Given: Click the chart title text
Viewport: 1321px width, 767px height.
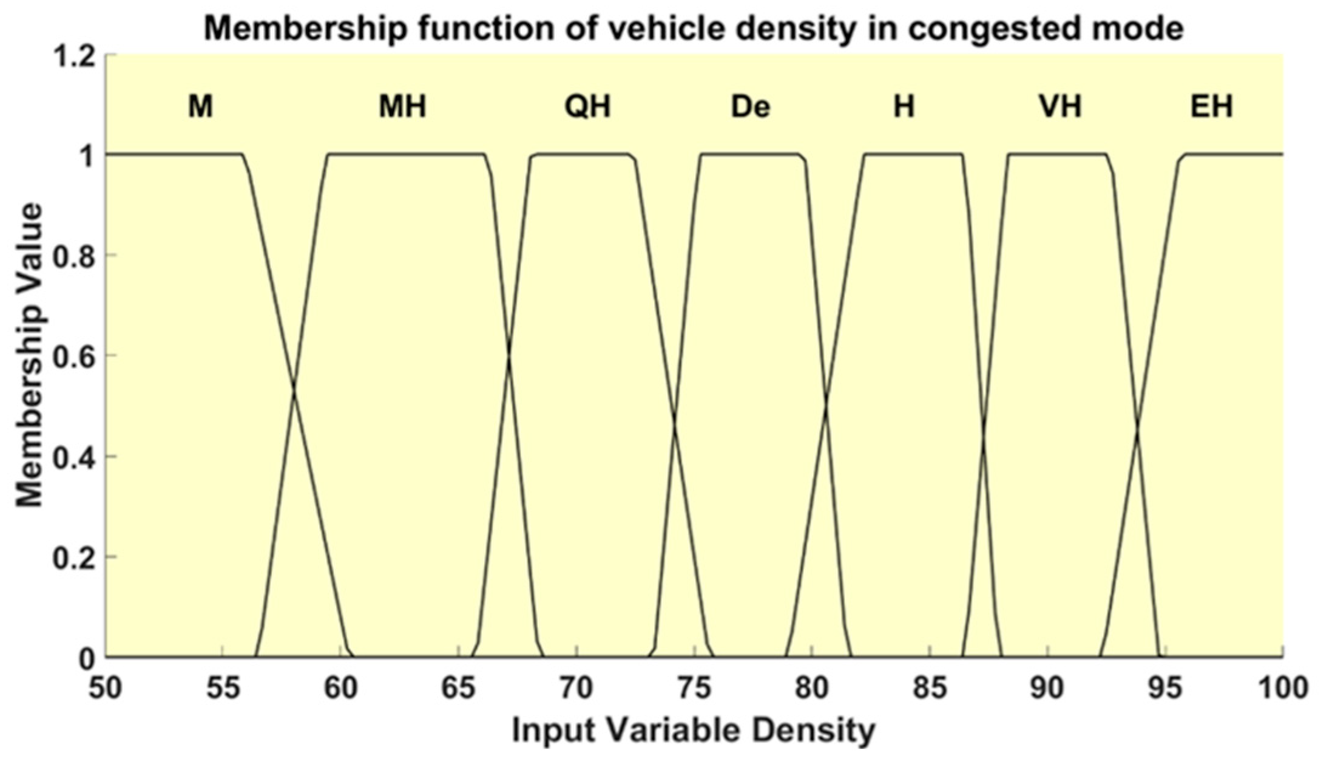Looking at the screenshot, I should coord(693,29).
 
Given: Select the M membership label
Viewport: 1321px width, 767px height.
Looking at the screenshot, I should coord(200,107).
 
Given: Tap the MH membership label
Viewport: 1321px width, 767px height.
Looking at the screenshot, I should coord(402,107).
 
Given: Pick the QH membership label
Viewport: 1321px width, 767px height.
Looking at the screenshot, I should coord(587,107).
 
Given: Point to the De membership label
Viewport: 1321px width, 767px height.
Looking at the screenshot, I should coord(751,107).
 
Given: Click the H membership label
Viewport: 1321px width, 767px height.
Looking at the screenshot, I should coord(904,107).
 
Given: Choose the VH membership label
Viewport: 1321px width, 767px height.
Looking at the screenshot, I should coord(1059,107).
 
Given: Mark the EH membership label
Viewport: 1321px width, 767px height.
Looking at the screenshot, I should coord(1211,107).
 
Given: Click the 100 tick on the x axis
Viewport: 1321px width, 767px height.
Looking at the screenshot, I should coord(1283,688).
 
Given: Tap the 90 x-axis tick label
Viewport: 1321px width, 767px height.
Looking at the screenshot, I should coord(1047,688).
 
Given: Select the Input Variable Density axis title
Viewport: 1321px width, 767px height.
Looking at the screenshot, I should coord(694,730).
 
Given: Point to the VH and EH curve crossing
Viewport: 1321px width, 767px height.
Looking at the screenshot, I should coord(1137,429).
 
